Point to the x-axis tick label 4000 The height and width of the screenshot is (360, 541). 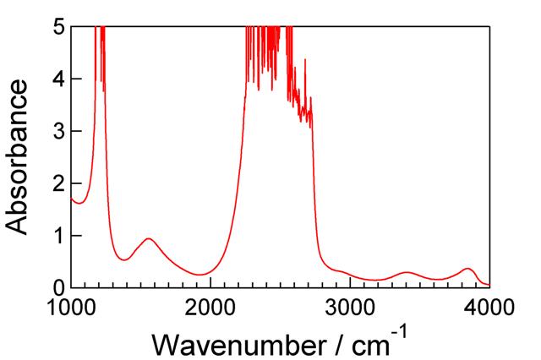[x=489, y=306]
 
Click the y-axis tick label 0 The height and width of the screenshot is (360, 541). [x=57, y=287]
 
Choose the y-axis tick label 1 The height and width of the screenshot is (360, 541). [x=57, y=235]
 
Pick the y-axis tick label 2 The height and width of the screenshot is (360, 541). [x=57, y=183]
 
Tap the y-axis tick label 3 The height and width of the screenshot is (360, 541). [x=57, y=131]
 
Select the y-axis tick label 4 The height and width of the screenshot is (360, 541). [x=57, y=79]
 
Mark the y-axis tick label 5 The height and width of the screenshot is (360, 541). [x=57, y=26]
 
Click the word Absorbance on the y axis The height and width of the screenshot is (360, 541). [x=23, y=157]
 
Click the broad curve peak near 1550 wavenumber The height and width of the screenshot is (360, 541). [x=149, y=239]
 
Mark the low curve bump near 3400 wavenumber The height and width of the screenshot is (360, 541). [x=407, y=272]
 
